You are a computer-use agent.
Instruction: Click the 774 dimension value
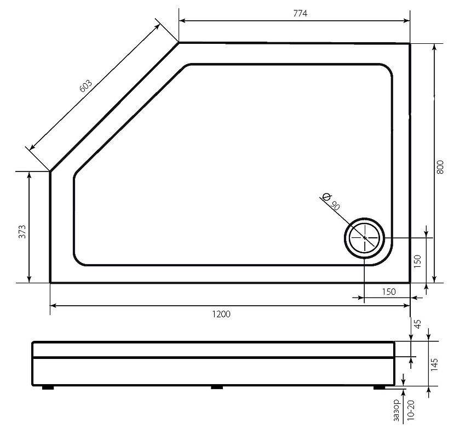pyautogui.click(x=300, y=13)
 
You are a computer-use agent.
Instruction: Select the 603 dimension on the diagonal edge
pyautogui.click(x=85, y=85)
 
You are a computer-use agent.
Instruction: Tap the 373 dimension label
pyautogui.click(x=22, y=231)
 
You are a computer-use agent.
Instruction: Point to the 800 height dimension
pyautogui.click(x=440, y=167)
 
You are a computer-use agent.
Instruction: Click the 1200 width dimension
pyautogui.click(x=221, y=314)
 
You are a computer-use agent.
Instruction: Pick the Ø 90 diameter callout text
pyautogui.click(x=331, y=201)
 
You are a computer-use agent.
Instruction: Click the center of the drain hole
pyautogui.click(x=365, y=238)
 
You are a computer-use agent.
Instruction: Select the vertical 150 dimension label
pyautogui.click(x=417, y=261)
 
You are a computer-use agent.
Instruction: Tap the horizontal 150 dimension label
pyautogui.click(x=389, y=292)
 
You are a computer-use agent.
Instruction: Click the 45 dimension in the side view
pyautogui.click(x=418, y=324)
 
